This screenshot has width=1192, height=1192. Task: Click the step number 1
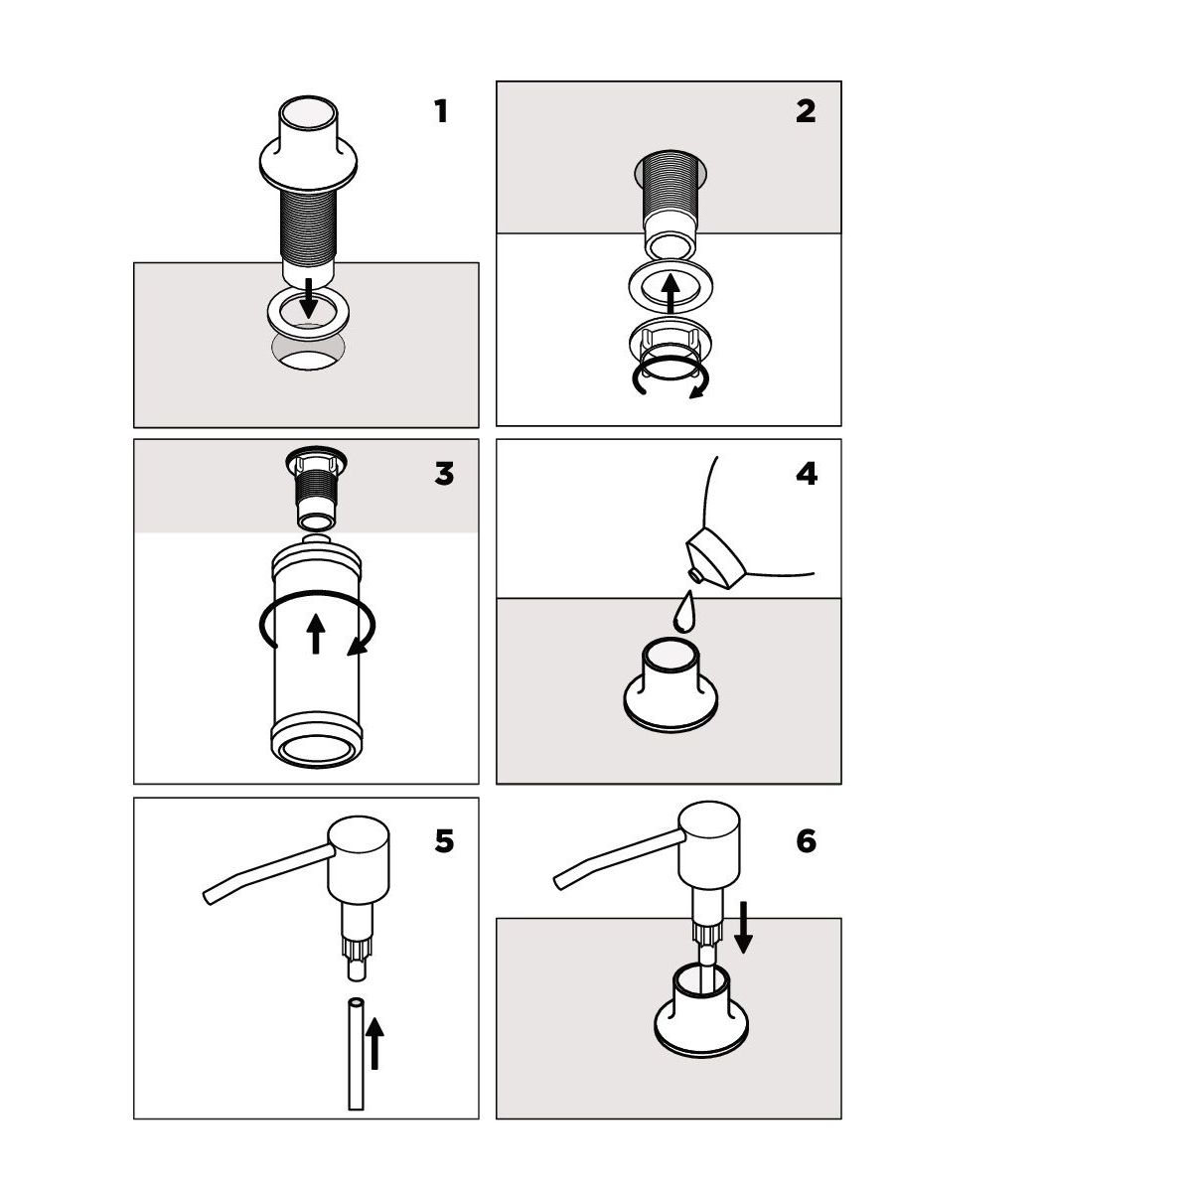pyautogui.click(x=440, y=112)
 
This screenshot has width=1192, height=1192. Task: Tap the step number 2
pyautogui.click(x=806, y=111)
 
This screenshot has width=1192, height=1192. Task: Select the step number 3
pyautogui.click(x=444, y=474)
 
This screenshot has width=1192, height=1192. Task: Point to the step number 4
pyautogui.click(x=807, y=474)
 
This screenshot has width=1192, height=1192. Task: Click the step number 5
pyautogui.click(x=444, y=841)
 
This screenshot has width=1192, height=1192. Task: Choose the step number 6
pyautogui.click(x=806, y=841)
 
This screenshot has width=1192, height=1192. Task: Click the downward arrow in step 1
pyautogui.click(x=309, y=298)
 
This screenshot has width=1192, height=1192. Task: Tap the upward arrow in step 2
pyautogui.click(x=670, y=294)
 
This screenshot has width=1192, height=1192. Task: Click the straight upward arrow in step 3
pyautogui.click(x=316, y=634)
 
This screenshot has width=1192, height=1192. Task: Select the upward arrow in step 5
pyautogui.click(x=374, y=1044)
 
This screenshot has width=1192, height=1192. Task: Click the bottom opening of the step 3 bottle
pyautogui.click(x=317, y=751)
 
